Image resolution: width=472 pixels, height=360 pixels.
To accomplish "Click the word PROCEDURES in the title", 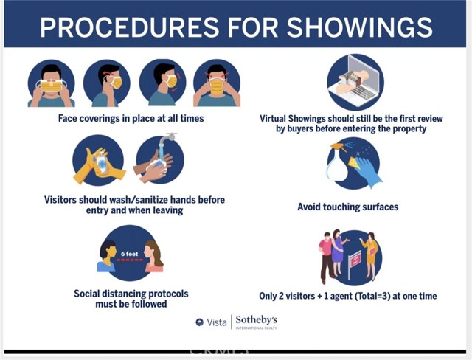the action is (x=130, y=27).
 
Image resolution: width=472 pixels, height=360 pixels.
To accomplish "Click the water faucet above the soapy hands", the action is (x=167, y=137).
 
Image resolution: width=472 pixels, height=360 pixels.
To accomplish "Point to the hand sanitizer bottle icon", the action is (x=103, y=162).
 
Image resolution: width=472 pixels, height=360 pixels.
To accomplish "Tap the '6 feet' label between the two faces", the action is (x=130, y=254).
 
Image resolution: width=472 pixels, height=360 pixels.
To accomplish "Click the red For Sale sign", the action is (x=355, y=260).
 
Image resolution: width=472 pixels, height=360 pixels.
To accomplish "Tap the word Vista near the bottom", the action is (x=216, y=322).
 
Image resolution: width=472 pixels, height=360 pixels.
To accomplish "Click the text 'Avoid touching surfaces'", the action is (x=348, y=207).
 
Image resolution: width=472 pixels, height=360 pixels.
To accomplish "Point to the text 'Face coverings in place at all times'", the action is (x=131, y=118).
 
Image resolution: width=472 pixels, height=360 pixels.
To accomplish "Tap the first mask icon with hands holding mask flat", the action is (x=51, y=83).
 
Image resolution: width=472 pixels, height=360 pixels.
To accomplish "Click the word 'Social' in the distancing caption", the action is (x=87, y=294).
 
